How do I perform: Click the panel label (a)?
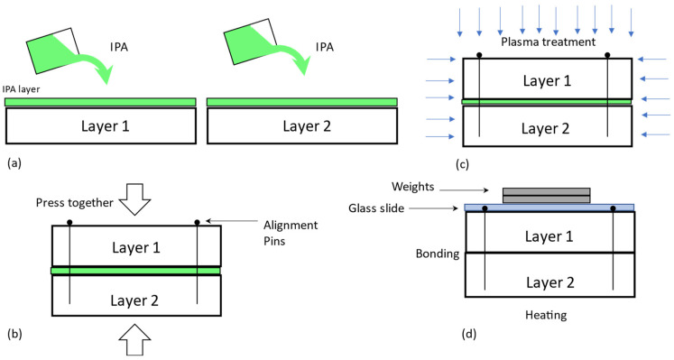14,164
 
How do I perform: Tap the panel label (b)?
14,333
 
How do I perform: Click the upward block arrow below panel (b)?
135,340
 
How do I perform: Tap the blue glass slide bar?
549,208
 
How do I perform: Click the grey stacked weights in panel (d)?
547,195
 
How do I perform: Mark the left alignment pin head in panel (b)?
69,221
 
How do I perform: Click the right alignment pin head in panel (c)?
608,56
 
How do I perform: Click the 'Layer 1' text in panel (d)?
549,235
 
